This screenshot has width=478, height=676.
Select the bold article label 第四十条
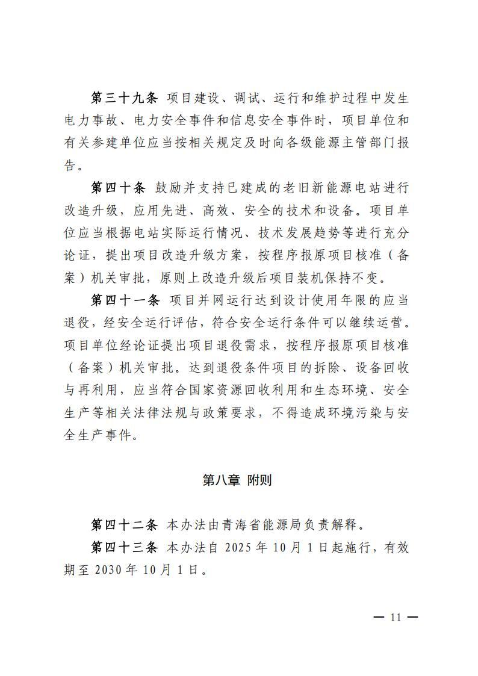[x=118, y=188]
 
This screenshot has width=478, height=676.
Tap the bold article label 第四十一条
[x=123, y=299]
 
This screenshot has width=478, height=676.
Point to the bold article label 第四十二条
[x=123, y=526]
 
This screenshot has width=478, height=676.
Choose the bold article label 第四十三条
[x=123, y=548]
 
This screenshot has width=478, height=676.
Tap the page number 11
[x=396, y=618]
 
